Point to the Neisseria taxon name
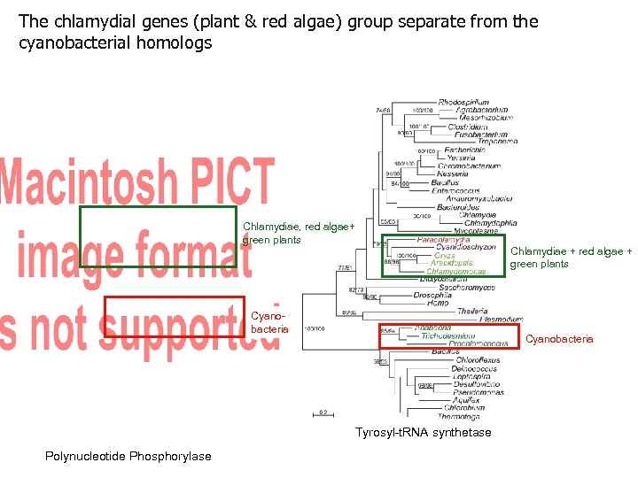pyautogui.click(x=452, y=174)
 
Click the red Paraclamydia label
pyautogui.click(x=443, y=239)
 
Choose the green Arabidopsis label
pyautogui.click(x=452, y=263)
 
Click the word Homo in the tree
pyautogui.click(x=437, y=303)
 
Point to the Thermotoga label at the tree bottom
pyautogui.click(x=458, y=416)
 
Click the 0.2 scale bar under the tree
pyautogui.click(x=325, y=412)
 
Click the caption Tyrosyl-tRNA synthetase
pyautogui.click(x=423, y=432)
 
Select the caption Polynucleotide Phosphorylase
pyautogui.click(x=128, y=456)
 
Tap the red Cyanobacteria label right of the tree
pyautogui.click(x=559, y=339)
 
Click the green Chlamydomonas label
pyautogui.click(x=455, y=271)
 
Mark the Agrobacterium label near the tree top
pyautogui.click(x=484, y=110)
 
